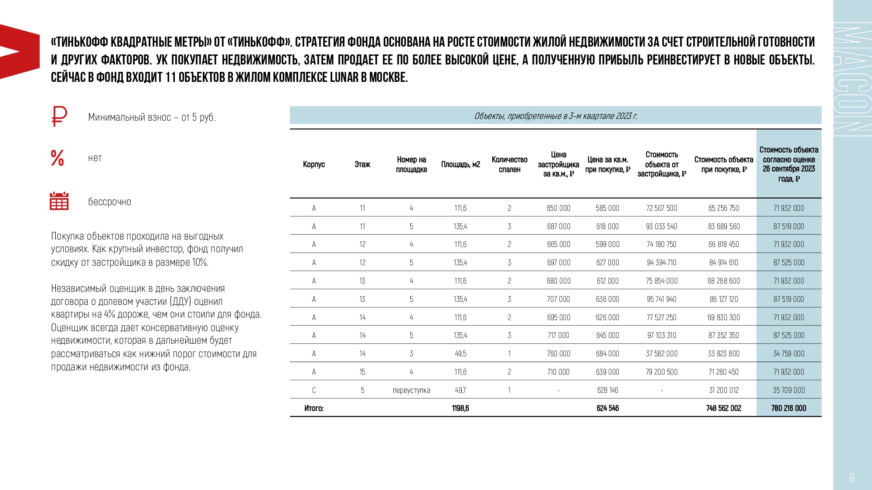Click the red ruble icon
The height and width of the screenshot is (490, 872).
click(59, 116)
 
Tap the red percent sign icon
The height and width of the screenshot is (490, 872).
click(58, 158)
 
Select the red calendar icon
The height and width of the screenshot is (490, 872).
click(59, 201)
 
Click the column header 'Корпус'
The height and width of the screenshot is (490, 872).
click(314, 164)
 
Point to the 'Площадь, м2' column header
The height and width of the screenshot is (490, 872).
click(460, 164)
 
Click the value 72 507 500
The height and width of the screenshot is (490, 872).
click(661, 208)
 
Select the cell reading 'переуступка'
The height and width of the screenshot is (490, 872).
click(411, 390)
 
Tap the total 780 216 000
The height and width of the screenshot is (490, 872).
click(789, 408)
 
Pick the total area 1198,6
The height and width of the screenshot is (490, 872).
click(460, 408)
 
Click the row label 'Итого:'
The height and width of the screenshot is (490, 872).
click(314, 408)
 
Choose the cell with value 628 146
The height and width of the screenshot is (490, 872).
click(607, 390)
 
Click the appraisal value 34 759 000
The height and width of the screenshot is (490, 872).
click(789, 354)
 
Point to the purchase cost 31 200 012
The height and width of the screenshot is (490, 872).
click(724, 390)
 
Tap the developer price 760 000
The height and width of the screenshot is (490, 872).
click(559, 354)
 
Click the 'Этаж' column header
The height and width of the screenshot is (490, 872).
click(362, 164)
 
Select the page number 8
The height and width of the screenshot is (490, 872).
click(852, 478)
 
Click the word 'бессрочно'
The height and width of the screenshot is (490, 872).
click(109, 202)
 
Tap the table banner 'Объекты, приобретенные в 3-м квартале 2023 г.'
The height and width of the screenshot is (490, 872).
click(555, 116)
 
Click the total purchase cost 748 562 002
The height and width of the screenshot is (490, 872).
click(724, 408)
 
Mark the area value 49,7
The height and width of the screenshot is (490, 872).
click(460, 390)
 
